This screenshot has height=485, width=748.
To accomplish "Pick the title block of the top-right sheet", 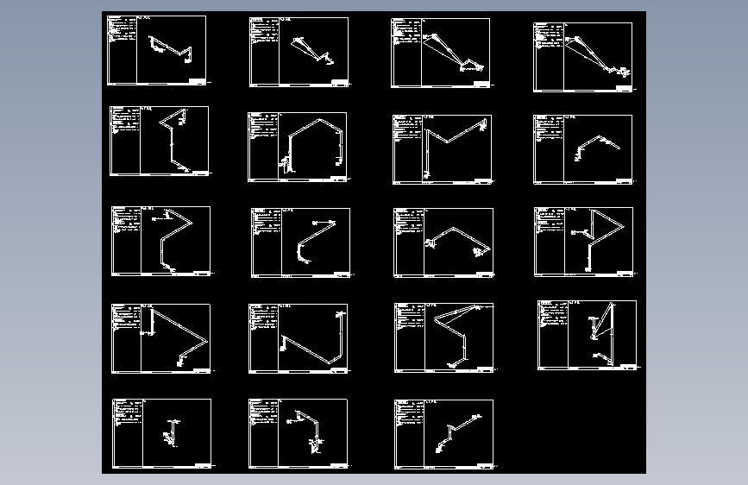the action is tap(625, 87).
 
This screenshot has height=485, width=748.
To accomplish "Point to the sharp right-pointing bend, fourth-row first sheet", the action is tap(207, 340).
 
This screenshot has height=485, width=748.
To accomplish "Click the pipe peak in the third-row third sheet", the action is tap(454, 229).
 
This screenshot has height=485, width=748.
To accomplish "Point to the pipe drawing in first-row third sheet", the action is tap(450, 52).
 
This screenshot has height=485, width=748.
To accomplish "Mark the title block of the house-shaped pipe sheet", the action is tap(337, 180).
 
